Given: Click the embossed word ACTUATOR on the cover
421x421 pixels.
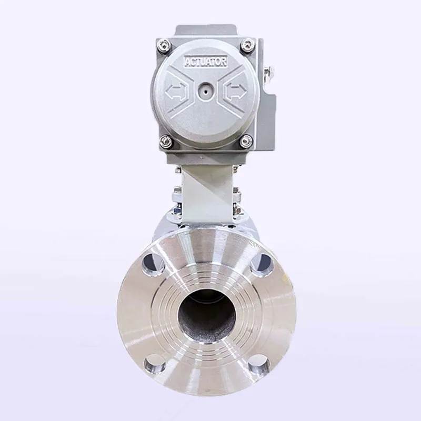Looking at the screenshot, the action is coord(206,62).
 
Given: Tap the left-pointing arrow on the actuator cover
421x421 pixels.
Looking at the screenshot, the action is coord(175,91).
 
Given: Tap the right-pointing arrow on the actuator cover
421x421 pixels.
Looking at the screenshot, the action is coord(235,91).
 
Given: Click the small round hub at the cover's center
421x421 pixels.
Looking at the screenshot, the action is coord(205,91).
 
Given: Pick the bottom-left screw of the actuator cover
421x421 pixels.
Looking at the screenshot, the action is coord(166,141).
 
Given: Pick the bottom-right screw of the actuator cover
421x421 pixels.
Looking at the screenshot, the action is coord(246,141).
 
